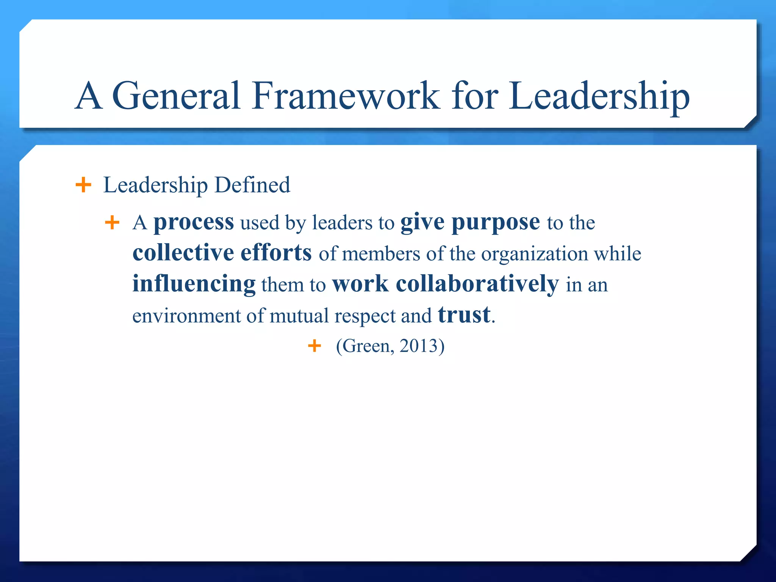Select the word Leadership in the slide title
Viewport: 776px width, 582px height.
click(x=599, y=97)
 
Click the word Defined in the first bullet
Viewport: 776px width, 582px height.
click(x=252, y=185)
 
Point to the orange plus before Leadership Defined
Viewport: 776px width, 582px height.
click(x=83, y=185)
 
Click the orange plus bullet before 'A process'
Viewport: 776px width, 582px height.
click(x=112, y=222)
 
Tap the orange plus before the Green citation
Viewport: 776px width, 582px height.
click(x=314, y=346)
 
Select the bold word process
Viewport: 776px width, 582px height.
click(x=194, y=222)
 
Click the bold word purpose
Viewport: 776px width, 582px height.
click(x=496, y=222)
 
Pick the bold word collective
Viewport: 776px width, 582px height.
click(x=183, y=253)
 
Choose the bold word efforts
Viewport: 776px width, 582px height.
click(x=276, y=253)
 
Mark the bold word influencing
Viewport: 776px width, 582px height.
click(x=194, y=284)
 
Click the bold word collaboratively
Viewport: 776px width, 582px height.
click(x=477, y=284)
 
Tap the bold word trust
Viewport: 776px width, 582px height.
click(x=464, y=315)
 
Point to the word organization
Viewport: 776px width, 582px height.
click(x=534, y=253)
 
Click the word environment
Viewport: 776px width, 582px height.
click(x=186, y=316)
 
